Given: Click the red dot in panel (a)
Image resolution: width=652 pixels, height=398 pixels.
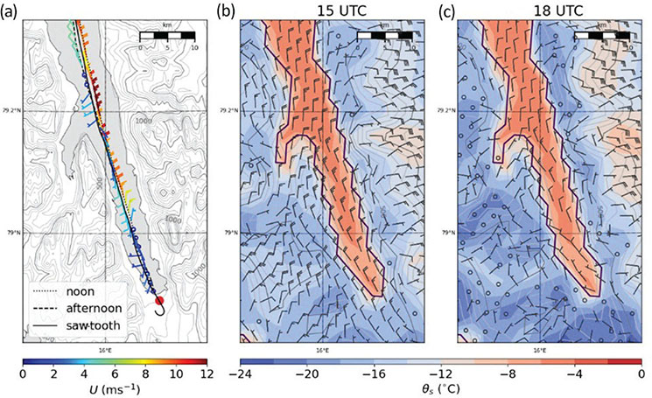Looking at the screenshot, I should click(x=158, y=300).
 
